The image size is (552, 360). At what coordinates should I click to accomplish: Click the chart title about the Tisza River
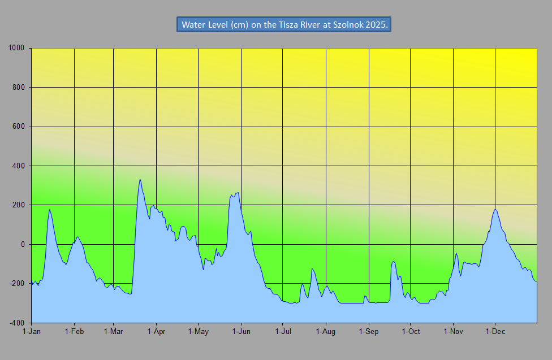(x=284, y=25)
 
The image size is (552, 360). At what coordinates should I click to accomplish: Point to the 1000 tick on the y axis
(x=16, y=48)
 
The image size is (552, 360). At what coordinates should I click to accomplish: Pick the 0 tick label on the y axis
(x=23, y=245)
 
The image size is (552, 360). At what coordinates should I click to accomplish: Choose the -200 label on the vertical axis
(x=17, y=284)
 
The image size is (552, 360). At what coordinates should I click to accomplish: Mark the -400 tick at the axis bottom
(x=17, y=323)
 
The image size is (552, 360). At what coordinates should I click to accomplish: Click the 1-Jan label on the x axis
(x=32, y=331)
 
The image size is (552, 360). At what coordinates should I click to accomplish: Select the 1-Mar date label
(x=113, y=331)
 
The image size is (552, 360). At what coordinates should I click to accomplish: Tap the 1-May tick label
(x=198, y=331)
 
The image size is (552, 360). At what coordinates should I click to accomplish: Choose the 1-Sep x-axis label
(x=369, y=331)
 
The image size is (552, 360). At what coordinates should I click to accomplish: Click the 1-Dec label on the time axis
(x=495, y=331)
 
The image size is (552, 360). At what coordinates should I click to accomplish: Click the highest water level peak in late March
(x=140, y=179)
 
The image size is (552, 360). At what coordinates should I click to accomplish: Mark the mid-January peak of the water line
(x=50, y=210)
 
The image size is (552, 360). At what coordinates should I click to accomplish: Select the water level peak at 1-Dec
(x=495, y=210)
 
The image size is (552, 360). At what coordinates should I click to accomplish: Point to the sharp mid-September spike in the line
(x=393, y=262)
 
